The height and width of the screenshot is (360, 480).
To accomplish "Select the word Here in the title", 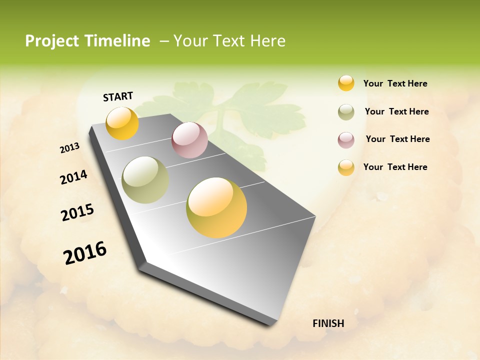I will pyautogui.click(x=267, y=41).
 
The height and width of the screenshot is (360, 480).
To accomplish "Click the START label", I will pyautogui.click(x=118, y=96).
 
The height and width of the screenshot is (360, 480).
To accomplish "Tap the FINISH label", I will pyautogui.click(x=328, y=323).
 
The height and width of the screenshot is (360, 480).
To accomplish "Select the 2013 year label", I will pyautogui.click(x=69, y=148).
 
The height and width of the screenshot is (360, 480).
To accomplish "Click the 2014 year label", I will pyautogui.click(x=73, y=177).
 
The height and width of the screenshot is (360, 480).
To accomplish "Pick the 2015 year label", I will pyautogui.click(x=77, y=212).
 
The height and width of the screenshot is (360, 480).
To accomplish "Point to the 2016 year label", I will pyautogui.click(x=85, y=253).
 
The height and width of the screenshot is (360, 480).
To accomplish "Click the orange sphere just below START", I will pyautogui.click(x=122, y=123).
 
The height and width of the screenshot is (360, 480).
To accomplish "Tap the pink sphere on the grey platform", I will pyautogui.click(x=189, y=140).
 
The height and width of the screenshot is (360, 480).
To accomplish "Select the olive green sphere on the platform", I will pyautogui.click(x=145, y=180).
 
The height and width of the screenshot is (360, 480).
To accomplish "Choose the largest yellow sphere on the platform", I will pyautogui.click(x=216, y=207).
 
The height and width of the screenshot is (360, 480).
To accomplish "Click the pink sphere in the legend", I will pyautogui.click(x=346, y=140).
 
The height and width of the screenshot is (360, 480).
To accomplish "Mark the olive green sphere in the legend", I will pyautogui.click(x=346, y=112).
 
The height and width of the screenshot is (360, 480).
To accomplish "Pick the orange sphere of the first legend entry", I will pyautogui.click(x=346, y=83).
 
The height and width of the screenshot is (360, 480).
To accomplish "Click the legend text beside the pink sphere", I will pyautogui.click(x=397, y=139).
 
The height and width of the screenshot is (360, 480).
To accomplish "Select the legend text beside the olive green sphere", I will pyautogui.click(x=396, y=111).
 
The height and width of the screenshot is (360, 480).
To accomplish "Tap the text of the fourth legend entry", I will pyautogui.click(x=395, y=167).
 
